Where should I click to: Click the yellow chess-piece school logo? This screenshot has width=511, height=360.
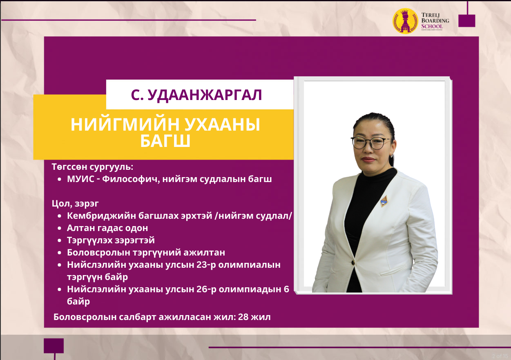[405, 21]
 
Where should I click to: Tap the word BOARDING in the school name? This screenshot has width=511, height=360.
[435, 20]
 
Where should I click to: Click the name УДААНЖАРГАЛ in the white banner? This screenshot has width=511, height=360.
[205, 95]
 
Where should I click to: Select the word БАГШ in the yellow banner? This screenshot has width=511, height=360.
[165, 141]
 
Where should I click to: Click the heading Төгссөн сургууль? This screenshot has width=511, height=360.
[92, 167]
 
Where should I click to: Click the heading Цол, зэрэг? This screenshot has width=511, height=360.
[75, 203]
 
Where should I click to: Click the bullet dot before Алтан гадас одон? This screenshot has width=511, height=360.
[60, 228]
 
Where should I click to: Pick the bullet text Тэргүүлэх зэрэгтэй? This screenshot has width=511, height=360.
[111, 240]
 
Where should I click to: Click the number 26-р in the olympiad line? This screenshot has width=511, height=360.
[206, 289]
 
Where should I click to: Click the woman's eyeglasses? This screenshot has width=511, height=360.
[371, 143]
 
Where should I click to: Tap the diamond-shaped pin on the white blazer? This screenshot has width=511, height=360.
[384, 201]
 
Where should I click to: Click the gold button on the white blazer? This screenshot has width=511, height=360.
[353, 262]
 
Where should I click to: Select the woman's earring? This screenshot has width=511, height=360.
[392, 156]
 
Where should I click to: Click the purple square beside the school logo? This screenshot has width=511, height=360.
[467, 21]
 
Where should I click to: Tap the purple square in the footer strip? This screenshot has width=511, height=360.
[54, 346]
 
